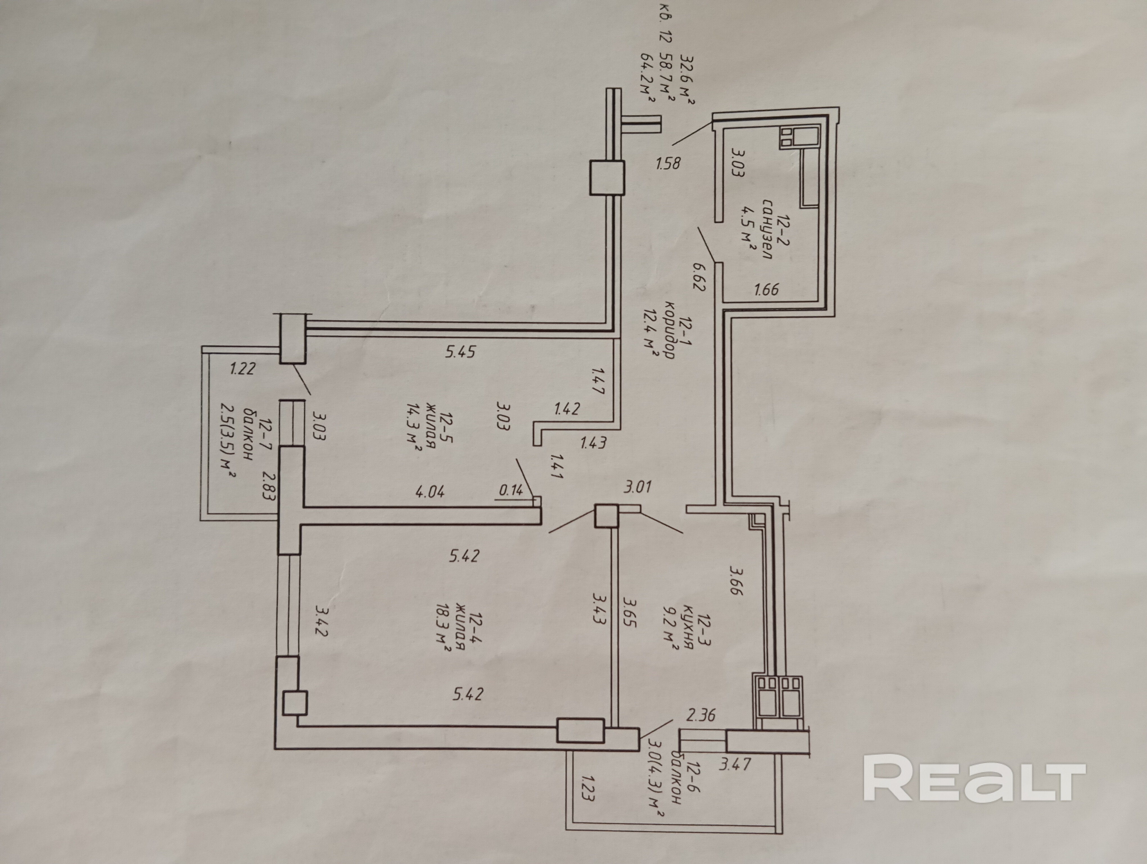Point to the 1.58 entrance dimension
click(x=668, y=163)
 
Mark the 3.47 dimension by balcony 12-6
click(x=735, y=764)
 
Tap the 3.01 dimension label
click(x=637, y=487)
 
